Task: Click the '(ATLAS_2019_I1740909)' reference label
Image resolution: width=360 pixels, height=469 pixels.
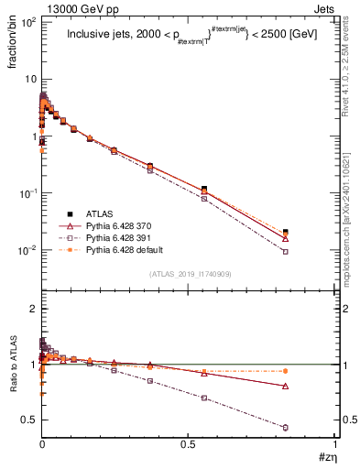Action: coord(189,275)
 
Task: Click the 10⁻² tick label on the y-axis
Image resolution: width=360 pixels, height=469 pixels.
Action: coord(26,250)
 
